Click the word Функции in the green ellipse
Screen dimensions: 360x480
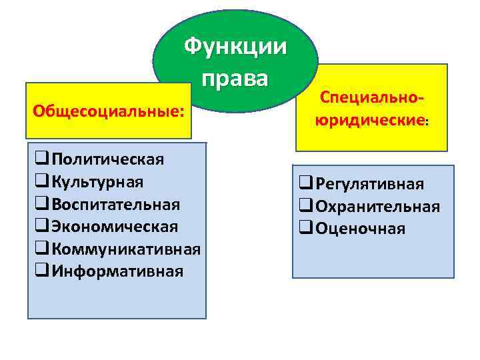click(x=235, y=47)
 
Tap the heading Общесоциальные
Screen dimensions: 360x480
click(x=108, y=112)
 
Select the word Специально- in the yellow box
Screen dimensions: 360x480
click(x=372, y=97)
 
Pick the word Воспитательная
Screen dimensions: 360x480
click(x=115, y=203)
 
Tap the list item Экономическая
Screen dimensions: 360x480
click(x=115, y=226)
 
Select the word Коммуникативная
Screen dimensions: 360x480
click(x=126, y=249)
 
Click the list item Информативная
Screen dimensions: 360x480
click(x=117, y=271)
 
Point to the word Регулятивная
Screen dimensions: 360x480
click(x=370, y=183)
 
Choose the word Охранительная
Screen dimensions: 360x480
click(x=377, y=206)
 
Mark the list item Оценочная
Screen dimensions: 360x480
click(x=360, y=229)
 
